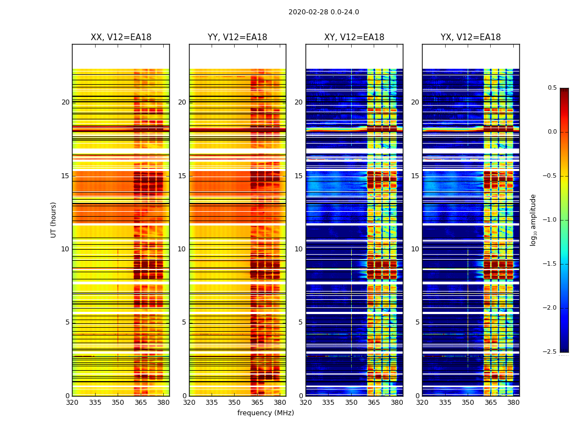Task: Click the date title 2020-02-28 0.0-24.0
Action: click(x=324, y=12)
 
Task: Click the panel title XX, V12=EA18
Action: click(x=121, y=37)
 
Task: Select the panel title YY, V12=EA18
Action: click(x=237, y=37)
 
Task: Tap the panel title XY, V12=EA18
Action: click(x=354, y=37)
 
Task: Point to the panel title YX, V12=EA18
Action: click(x=470, y=37)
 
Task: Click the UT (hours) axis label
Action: click(x=53, y=219)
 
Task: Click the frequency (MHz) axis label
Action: click(x=265, y=413)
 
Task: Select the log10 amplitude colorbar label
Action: click(x=533, y=219)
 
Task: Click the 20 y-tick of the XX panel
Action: click(x=65, y=102)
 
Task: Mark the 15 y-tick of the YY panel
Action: click(x=182, y=176)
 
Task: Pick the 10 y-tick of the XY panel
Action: click(x=298, y=249)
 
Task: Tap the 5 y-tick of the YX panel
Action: click(x=417, y=322)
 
